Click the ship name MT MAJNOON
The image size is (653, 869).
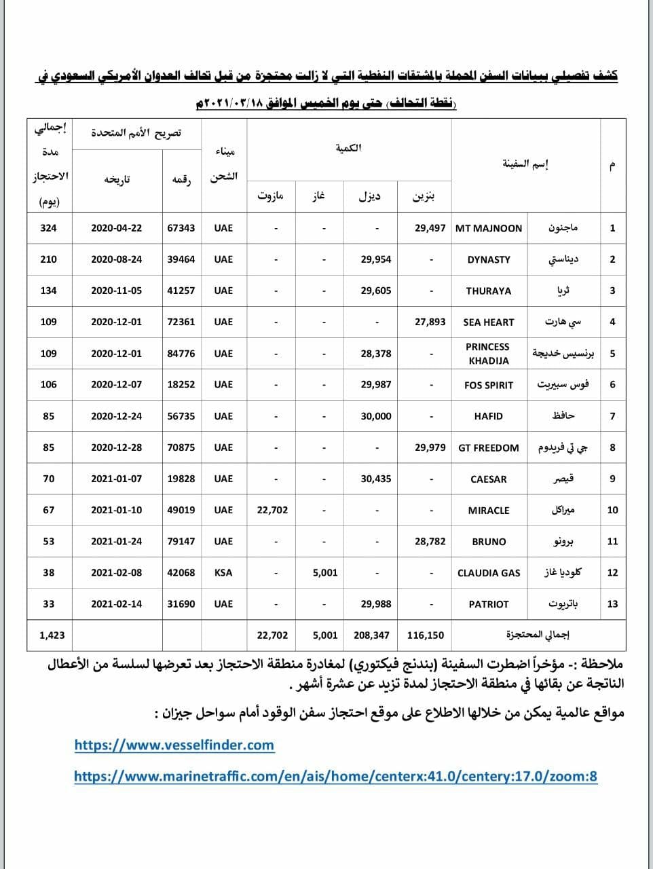(x=489, y=228)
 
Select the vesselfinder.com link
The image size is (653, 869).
(x=174, y=745)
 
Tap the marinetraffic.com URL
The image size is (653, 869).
(x=335, y=776)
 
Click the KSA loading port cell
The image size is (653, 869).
(x=223, y=572)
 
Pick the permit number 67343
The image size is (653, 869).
(x=181, y=228)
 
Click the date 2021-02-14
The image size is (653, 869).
(x=117, y=604)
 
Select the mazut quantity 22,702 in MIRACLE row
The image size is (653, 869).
(x=272, y=510)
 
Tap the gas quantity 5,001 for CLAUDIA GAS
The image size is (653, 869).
(x=325, y=572)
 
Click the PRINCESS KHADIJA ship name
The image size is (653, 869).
(x=487, y=354)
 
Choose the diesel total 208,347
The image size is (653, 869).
(x=371, y=635)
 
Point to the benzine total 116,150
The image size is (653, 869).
(x=426, y=635)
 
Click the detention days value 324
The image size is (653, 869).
(x=49, y=228)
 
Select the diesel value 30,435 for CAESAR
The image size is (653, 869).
(x=376, y=479)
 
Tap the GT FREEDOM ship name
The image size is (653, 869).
(x=489, y=447)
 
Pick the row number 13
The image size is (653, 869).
(x=612, y=604)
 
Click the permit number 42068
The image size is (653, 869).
(x=181, y=572)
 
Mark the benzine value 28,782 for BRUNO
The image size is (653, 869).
(x=430, y=541)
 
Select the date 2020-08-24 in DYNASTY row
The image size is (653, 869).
(x=117, y=259)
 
